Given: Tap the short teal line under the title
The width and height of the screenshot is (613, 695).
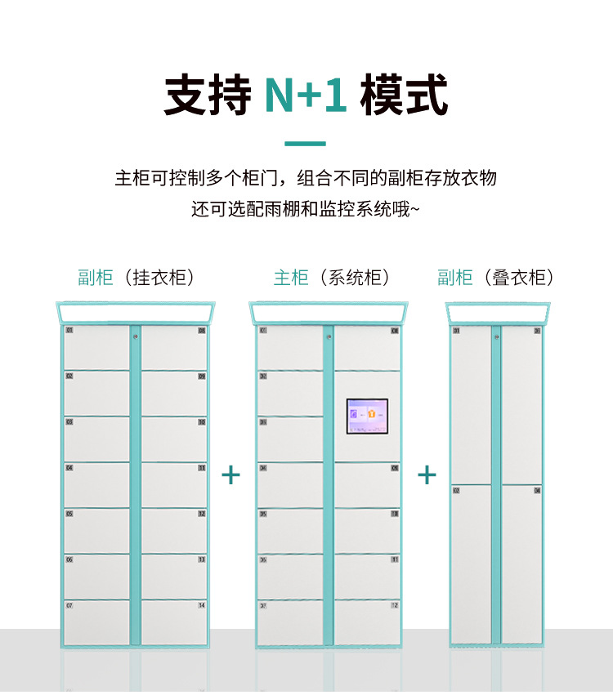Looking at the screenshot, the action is point(306,144).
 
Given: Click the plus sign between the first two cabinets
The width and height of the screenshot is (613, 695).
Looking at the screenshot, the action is point(231,474).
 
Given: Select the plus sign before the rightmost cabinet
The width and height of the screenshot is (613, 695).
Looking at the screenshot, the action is point(427,474).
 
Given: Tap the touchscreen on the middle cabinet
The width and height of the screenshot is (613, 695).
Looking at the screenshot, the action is point(367,417).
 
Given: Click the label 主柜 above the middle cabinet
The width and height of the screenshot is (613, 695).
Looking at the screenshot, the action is point(290,278).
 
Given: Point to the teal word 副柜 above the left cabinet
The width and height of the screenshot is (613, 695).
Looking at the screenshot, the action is point(95,278).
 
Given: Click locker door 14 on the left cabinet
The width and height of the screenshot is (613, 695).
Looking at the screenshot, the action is point(174,622).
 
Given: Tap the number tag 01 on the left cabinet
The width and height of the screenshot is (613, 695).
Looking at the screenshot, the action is point(69,331).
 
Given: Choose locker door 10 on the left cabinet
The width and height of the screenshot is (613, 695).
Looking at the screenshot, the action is point(174,439).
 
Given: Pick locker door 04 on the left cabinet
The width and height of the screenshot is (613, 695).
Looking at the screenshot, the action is point(96,485).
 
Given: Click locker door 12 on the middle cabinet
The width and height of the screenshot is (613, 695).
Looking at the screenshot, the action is point(367,622).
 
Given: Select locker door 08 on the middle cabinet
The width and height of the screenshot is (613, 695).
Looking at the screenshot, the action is point(367,348).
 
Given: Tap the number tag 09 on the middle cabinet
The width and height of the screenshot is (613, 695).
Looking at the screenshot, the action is point(395,468).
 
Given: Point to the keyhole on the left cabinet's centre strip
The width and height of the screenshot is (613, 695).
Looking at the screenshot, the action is point(135,335).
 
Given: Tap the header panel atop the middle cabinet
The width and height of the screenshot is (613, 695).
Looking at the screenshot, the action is point(328,313).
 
